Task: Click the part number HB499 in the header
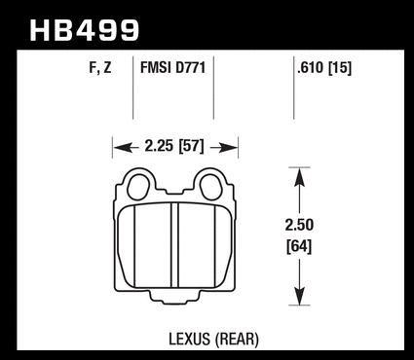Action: [x=85, y=30]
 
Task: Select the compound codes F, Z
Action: [x=100, y=68]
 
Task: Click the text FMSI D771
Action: [x=172, y=68]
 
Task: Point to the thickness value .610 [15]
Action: [x=324, y=68]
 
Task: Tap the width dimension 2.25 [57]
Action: [x=174, y=146]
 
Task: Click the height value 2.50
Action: [x=299, y=225]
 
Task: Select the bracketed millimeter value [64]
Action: [x=299, y=247]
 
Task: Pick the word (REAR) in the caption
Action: [x=237, y=340]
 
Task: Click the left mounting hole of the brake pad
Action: [x=138, y=187]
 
